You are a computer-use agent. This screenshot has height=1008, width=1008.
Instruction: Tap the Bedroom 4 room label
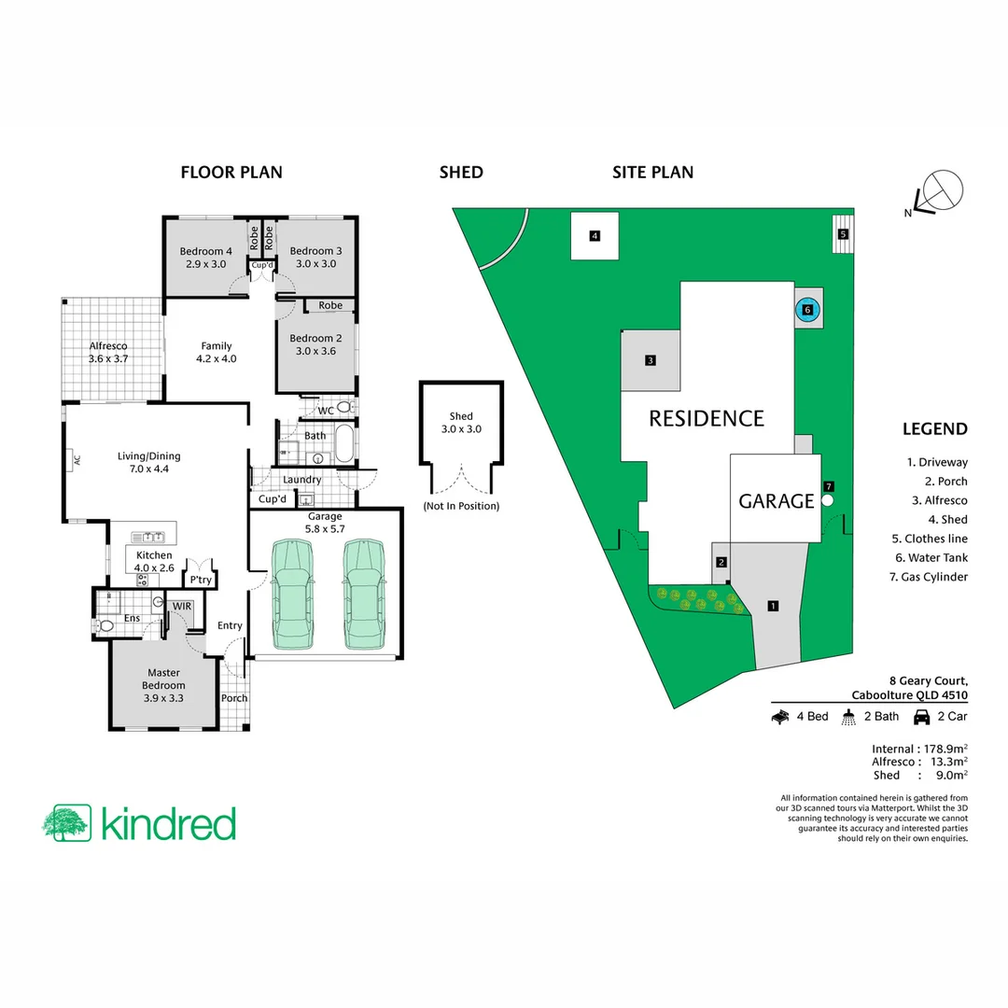[202, 258]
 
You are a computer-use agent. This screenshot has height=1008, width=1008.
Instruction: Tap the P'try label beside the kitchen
[200, 580]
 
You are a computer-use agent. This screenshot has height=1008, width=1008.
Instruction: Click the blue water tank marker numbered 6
[808, 309]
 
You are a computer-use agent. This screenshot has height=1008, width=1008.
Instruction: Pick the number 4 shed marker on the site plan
[594, 236]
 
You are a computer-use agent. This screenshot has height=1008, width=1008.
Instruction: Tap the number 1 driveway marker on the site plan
[773, 606]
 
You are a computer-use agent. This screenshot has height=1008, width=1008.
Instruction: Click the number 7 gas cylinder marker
[828, 486]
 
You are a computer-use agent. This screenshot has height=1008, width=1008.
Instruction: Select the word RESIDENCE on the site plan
[707, 418]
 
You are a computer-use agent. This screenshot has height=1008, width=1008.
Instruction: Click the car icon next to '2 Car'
[920, 717]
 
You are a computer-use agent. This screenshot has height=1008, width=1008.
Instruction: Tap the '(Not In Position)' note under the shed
[461, 506]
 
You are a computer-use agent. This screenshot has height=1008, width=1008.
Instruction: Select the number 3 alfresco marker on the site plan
[650, 360]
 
